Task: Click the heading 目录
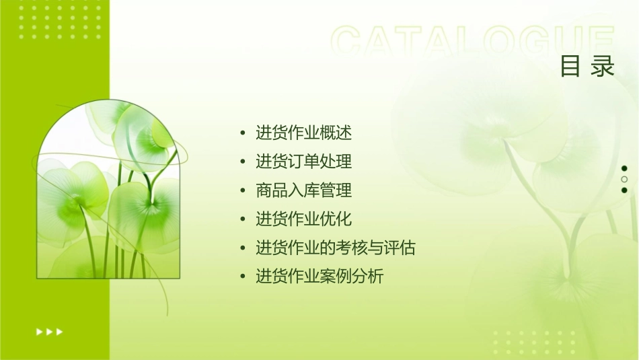tap(587, 67)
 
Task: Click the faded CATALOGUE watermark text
tap(473, 42)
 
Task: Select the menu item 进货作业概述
tap(303, 133)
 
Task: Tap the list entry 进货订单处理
tap(303, 161)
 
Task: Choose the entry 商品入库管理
tap(303, 190)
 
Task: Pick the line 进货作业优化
tap(303, 219)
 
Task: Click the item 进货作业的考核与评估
tap(335, 248)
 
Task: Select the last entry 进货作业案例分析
tap(319, 276)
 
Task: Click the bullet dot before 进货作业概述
tap(243, 133)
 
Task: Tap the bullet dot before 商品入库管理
tap(243, 190)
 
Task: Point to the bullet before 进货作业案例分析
tap(243, 277)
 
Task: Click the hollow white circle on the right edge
tap(624, 179)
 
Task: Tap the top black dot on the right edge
tap(624, 168)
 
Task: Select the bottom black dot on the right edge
tap(624, 190)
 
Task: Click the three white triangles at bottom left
tap(49, 331)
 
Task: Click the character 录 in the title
tap(603, 67)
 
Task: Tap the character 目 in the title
tap(571, 67)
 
